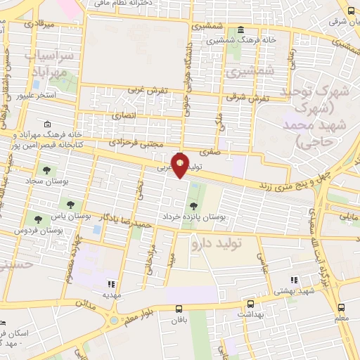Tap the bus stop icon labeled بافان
coord(179,308)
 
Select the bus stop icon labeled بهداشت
coord(250,304)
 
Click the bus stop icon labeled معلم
coord(341,307)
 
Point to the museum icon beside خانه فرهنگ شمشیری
coord(241,29)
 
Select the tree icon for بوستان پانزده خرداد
coord(193,206)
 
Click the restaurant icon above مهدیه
coord(110,283)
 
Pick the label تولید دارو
coord(217,243)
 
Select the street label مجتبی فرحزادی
coord(135,141)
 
